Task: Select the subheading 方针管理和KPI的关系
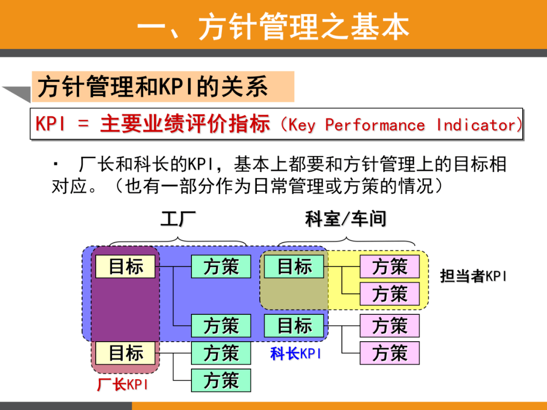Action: pos(152,87)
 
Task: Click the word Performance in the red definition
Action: pos(375,125)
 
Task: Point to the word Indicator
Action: pos(476,125)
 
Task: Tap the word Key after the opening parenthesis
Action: pos(302,125)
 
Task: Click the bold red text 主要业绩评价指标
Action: pos(185,124)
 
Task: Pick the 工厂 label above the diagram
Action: pos(178,219)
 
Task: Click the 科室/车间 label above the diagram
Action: pos(346,219)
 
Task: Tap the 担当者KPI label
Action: pos(473,276)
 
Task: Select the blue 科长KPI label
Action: pos(295,353)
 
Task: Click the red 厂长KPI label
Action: pos(123,385)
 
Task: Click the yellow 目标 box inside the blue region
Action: pos(126,266)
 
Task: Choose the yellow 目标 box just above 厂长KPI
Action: pos(126,353)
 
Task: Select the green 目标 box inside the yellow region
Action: pos(294,266)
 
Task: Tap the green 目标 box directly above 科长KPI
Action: pos(294,325)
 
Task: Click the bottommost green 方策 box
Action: pos(221,380)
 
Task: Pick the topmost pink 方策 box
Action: pos(389,266)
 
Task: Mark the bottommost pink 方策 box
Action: pos(389,353)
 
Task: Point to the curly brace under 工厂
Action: pos(178,240)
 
